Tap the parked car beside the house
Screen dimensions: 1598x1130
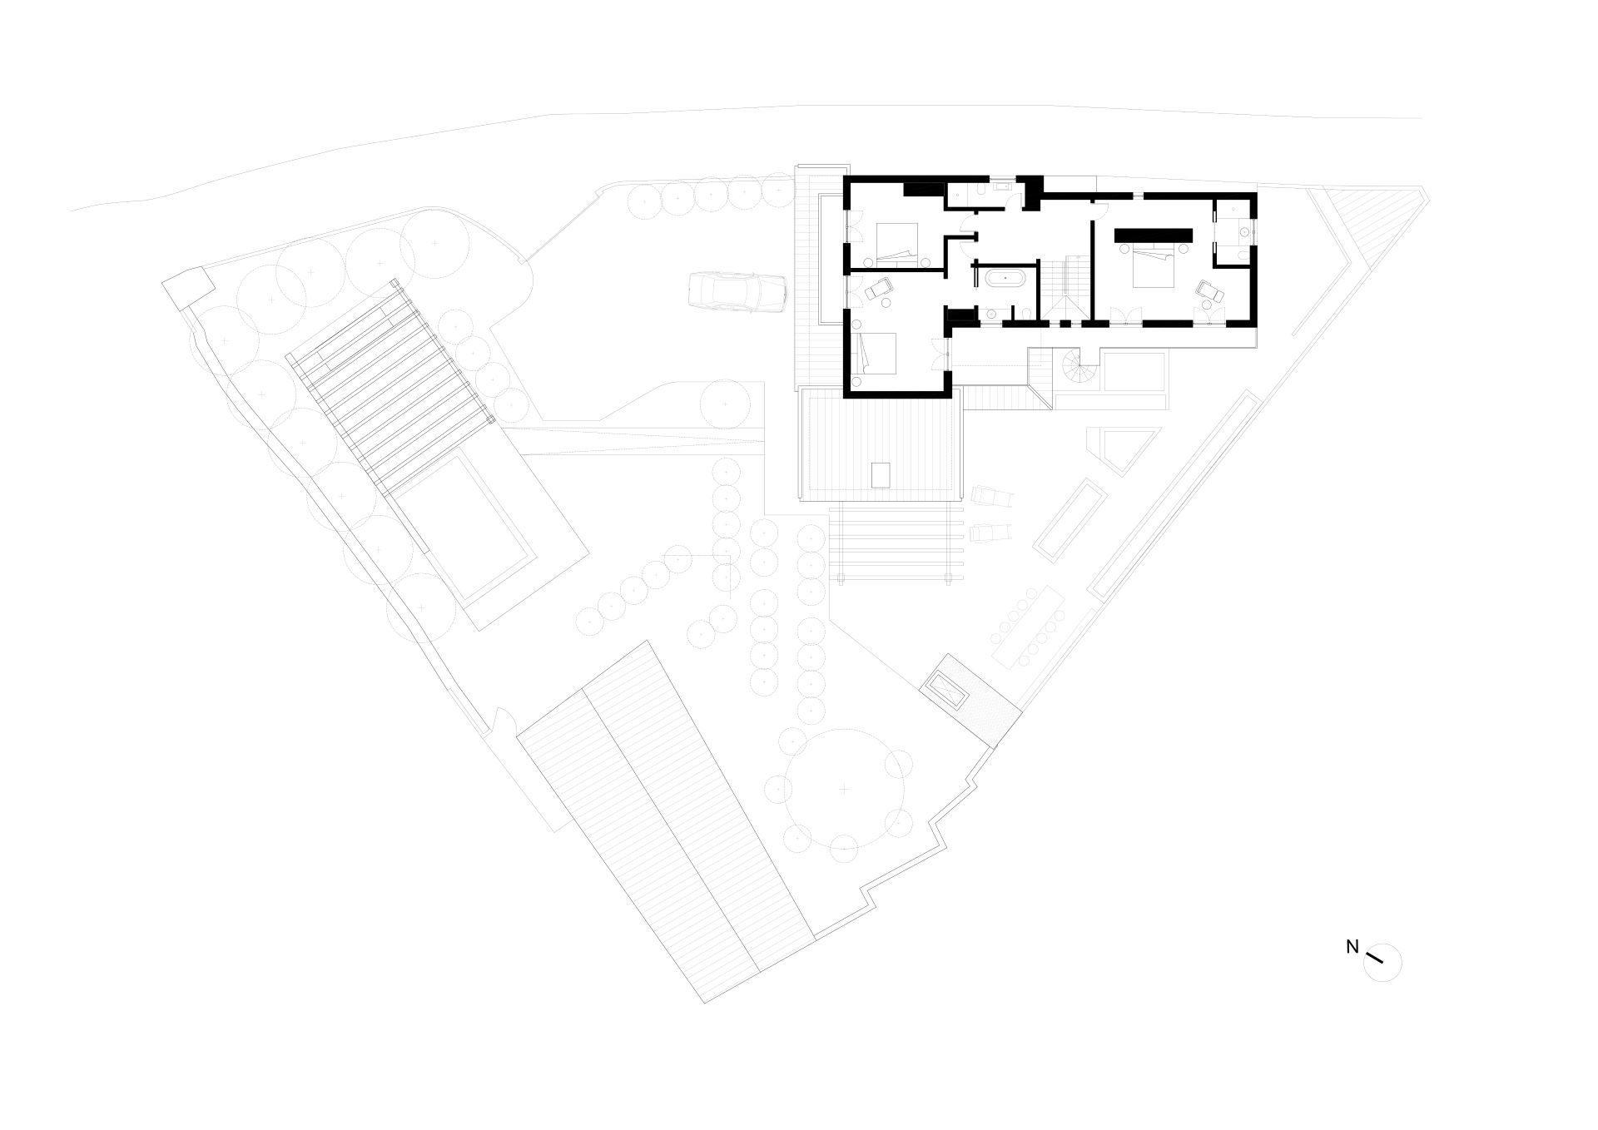[x=737, y=293]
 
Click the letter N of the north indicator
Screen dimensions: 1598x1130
[x=1352, y=946]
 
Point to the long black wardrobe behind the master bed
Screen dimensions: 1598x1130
[x=1154, y=235]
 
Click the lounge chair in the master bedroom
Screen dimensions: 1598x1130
[x=1208, y=291]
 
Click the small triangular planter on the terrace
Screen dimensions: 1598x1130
[x=1128, y=448]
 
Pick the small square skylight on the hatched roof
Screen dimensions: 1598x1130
[x=881, y=474]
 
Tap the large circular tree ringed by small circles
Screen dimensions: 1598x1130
[x=844, y=788]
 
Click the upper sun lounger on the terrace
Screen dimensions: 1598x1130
[x=991, y=497]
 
